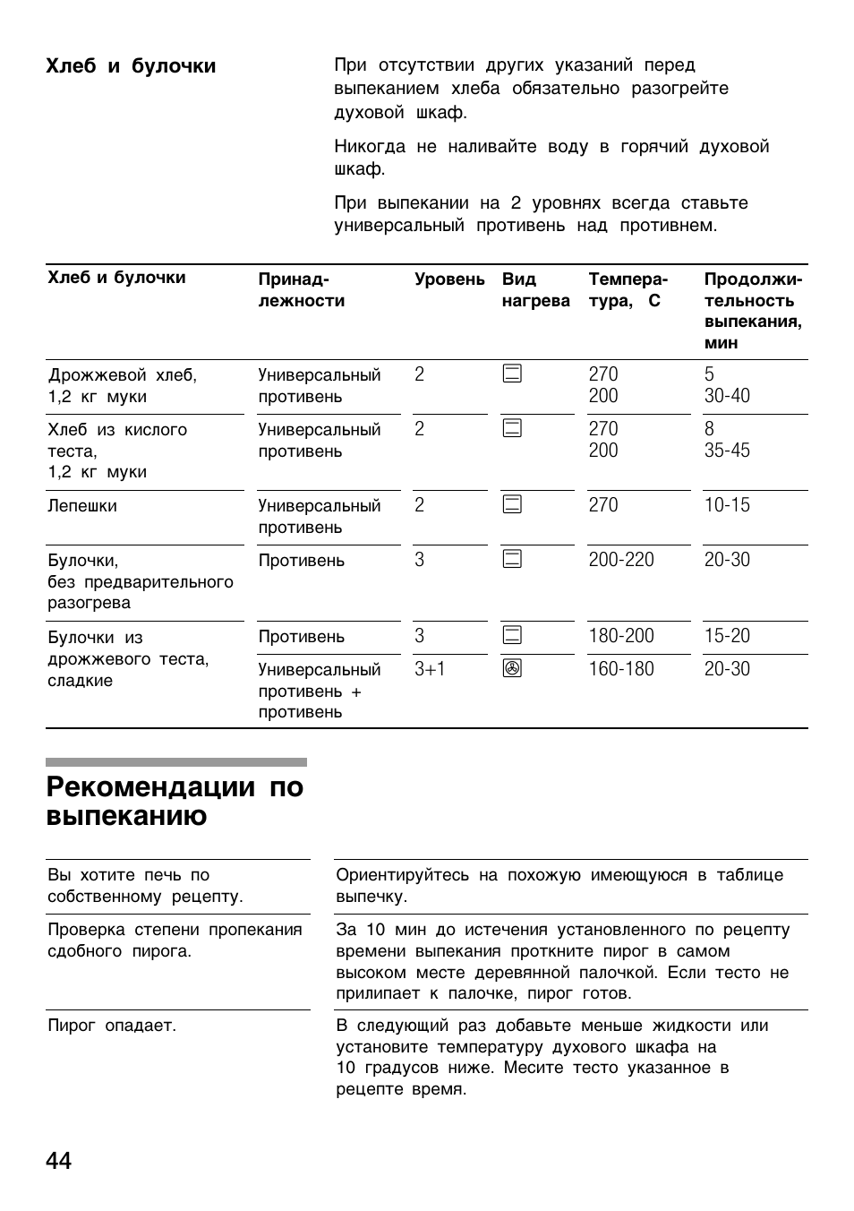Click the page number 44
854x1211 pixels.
pyautogui.click(x=59, y=1161)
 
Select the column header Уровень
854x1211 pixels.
pyautogui.click(x=449, y=279)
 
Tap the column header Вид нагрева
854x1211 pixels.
pyautogui.click(x=535, y=290)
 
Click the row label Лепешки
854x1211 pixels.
pyautogui.click(x=82, y=506)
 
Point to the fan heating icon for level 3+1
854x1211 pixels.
pyautogui.click(x=512, y=669)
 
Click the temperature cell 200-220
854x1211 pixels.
pyautogui.click(x=621, y=560)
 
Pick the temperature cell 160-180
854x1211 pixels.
pyautogui.click(x=621, y=669)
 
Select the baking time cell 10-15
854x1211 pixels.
pyautogui.click(x=727, y=505)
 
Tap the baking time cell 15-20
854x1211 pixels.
pyautogui.click(x=727, y=636)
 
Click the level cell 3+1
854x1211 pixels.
pyautogui.click(x=430, y=669)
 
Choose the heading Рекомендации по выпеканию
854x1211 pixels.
pyautogui.click(x=175, y=802)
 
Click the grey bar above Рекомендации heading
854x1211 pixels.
pyautogui.click(x=175, y=762)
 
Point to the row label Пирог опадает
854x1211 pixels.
pyautogui.click(x=112, y=1026)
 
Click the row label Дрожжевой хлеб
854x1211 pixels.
pyautogui.click(x=123, y=375)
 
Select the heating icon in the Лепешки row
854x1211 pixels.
pyautogui.click(x=512, y=505)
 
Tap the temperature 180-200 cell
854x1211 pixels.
pyautogui.click(x=621, y=636)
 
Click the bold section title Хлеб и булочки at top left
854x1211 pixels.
pyautogui.click(x=131, y=66)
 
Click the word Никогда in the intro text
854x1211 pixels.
pyautogui.click(x=370, y=147)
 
